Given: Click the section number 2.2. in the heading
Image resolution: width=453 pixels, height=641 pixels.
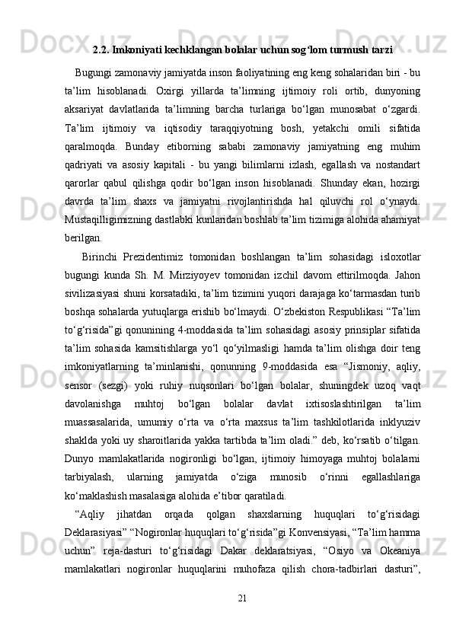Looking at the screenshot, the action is [100, 51].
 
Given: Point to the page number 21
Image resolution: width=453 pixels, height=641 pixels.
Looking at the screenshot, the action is [243, 617].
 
